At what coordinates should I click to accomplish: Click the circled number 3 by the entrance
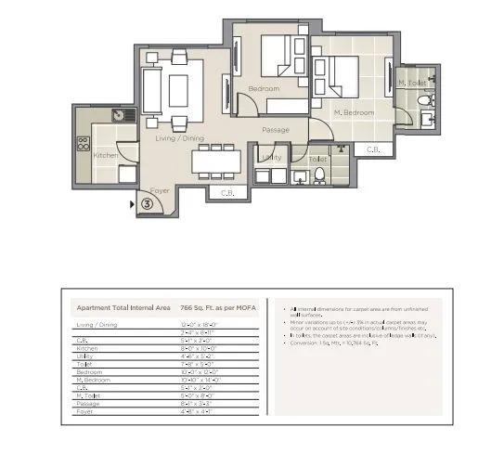tap(147, 205)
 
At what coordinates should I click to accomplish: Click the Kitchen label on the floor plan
tap(105, 155)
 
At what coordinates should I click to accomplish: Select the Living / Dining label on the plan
tap(178, 136)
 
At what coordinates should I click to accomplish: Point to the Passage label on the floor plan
tap(277, 129)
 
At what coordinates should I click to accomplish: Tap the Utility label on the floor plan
tap(271, 158)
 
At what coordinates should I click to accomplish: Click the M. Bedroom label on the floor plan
tap(355, 112)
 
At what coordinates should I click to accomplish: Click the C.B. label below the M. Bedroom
tap(373, 149)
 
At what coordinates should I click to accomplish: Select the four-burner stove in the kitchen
tap(83, 144)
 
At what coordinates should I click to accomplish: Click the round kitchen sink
tap(119, 115)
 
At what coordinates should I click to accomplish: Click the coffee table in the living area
tap(178, 91)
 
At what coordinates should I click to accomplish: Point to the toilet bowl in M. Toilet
tap(423, 99)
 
